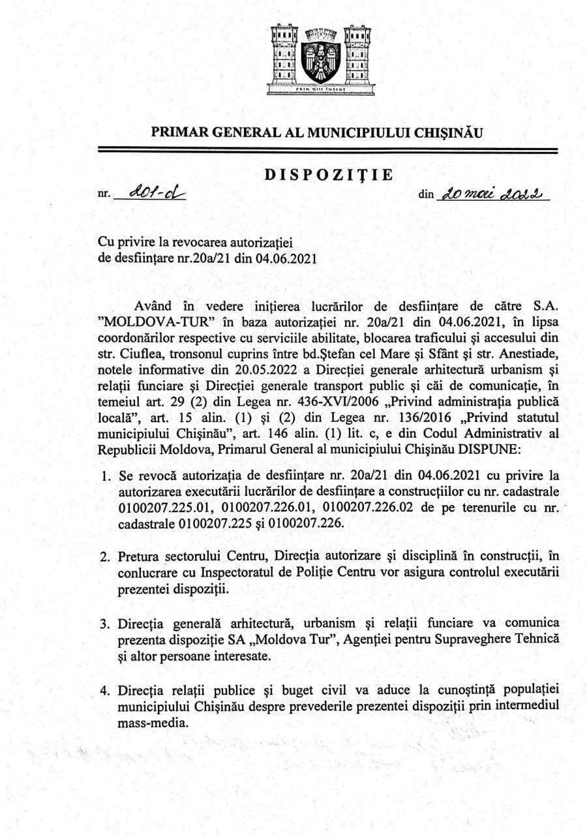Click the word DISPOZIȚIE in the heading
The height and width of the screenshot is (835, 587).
click(328, 175)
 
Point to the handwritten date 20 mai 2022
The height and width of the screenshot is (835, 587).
click(494, 194)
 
